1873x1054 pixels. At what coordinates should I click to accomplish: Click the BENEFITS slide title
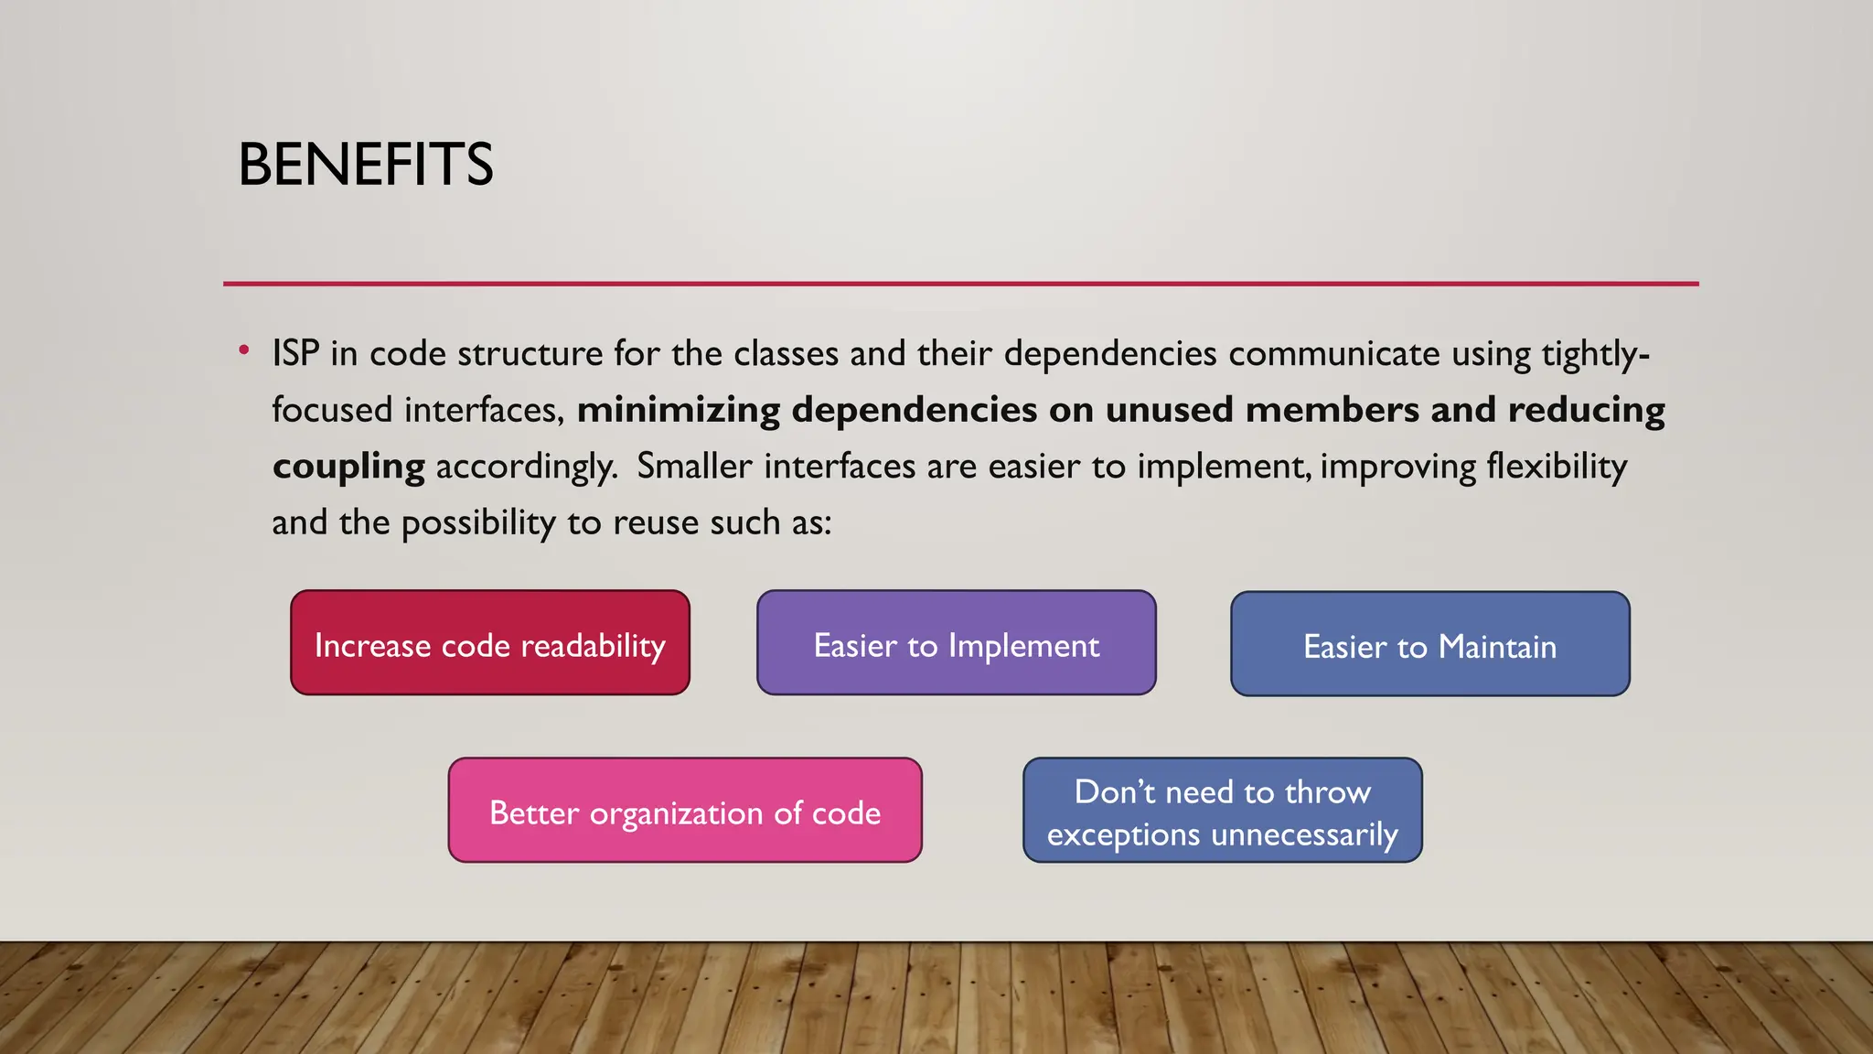[366, 166]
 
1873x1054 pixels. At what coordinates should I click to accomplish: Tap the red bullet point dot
[243, 350]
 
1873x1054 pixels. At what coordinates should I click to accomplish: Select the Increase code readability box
[490, 643]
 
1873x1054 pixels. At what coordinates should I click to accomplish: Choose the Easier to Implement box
[957, 643]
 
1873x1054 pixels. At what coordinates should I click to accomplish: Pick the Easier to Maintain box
[1430, 644]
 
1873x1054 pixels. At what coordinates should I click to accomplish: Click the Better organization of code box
[685, 811]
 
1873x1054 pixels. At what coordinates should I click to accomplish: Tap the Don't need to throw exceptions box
[1223, 811]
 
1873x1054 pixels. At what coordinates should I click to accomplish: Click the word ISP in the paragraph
[295, 354]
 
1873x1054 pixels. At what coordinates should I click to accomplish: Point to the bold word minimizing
[679, 410]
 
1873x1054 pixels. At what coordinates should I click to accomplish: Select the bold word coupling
[348, 468]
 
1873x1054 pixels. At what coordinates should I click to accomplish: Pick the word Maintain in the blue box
[1497, 648]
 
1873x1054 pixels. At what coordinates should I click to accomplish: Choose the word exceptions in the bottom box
[1123, 835]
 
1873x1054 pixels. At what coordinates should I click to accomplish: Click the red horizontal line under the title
[960, 284]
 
